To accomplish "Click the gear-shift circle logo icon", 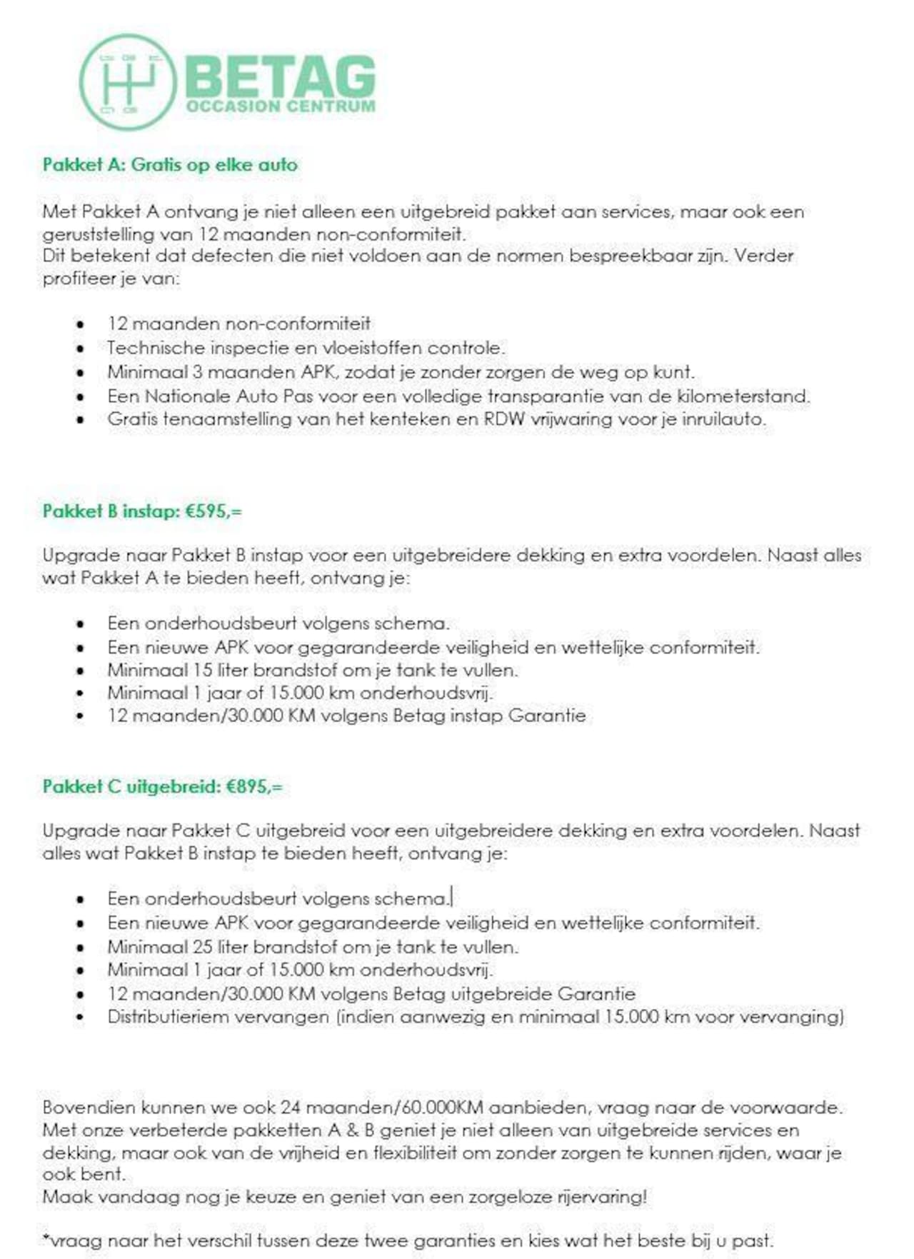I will pos(127,81).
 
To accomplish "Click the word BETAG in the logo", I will pos(280,77).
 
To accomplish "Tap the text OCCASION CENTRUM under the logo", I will pos(280,106).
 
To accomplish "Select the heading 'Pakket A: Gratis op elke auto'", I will pos(170,165).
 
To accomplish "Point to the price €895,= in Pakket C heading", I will pos(254,787).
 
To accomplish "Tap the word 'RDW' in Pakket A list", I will pos(504,419).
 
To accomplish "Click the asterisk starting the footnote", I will pos(45,1239).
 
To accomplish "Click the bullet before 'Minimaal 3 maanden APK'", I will pos(81,373).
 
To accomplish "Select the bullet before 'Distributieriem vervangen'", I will pos(81,1017).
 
